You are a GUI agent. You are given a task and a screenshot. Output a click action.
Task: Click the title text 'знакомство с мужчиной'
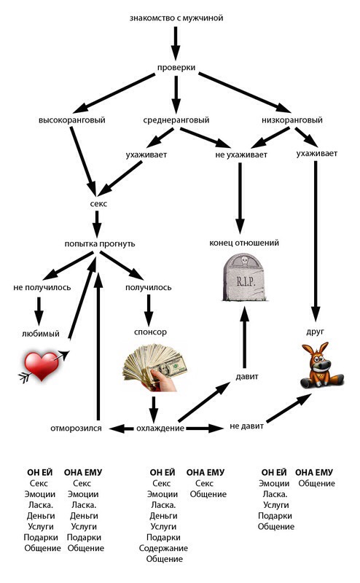click(176, 17)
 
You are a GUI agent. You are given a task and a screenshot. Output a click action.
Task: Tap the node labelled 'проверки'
click(176, 68)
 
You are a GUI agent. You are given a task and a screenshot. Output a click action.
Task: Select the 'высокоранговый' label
click(71, 120)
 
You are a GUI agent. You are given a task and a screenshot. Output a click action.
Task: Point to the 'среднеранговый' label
click(176, 120)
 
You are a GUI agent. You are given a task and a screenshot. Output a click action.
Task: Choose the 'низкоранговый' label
click(292, 120)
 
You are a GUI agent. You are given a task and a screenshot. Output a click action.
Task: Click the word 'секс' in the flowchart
click(98, 204)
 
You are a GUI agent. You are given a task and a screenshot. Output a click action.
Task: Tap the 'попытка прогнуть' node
click(100, 244)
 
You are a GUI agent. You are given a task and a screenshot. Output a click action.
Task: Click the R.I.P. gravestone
click(244, 278)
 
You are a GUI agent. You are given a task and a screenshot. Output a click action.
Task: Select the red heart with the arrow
click(44, 367)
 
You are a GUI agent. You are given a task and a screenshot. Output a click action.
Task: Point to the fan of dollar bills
click(154, 367)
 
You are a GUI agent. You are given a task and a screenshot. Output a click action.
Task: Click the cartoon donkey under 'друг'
click(321, 365)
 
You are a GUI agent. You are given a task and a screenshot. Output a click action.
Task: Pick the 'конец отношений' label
click(244, 243)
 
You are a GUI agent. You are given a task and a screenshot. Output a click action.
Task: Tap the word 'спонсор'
click(150, 332)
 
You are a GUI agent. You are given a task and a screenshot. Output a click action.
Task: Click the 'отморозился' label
click(76, 429)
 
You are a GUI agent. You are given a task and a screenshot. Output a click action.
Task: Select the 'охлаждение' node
click(160, 429)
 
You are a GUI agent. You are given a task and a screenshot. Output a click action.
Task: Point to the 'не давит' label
click(246, 426)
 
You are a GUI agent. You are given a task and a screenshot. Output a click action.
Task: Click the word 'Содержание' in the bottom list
click(163, 548)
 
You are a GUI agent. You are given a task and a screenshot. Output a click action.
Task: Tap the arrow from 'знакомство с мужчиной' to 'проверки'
click(176, 43)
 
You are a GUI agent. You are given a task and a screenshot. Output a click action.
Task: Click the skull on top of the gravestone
click(245, 260)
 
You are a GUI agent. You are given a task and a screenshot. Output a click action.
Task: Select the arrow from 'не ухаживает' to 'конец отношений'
click(240, 198)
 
